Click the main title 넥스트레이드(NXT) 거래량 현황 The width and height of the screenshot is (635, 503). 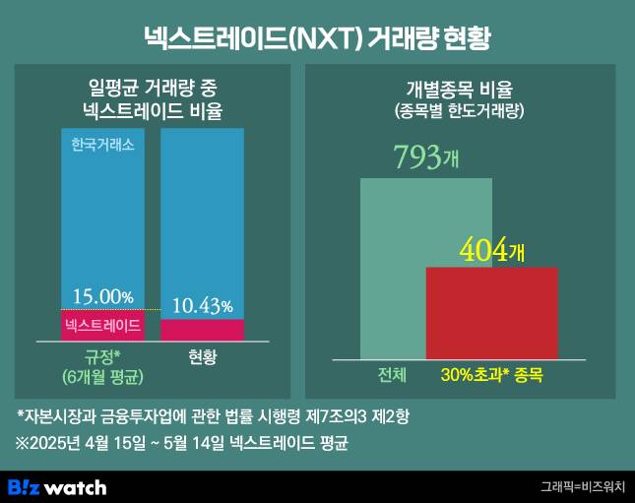(317, 37)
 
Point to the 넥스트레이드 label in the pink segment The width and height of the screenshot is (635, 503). (102, 325)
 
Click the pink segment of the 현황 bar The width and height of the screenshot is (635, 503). (203, 330)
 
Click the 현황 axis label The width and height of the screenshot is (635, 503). (203, 356)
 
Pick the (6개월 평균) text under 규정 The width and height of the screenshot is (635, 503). (101, 376)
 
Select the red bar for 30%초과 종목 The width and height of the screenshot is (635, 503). (491, 313)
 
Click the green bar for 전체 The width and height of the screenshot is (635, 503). (393, 266)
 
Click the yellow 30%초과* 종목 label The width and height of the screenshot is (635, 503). (491, 375)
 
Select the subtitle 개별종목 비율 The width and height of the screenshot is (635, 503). (460, 90)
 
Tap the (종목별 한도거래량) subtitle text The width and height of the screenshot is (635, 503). (460, 111)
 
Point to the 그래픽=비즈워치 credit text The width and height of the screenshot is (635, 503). (582, 486)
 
